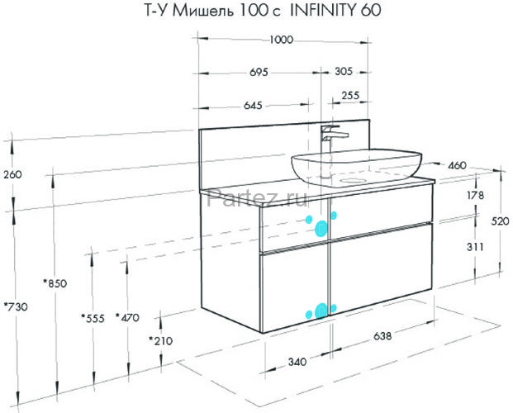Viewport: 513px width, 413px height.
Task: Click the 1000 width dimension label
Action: point(282,40)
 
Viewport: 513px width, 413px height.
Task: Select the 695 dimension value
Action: point(259,72)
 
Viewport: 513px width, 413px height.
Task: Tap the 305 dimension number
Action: point(344,71)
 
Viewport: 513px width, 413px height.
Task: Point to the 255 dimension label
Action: point(350,96)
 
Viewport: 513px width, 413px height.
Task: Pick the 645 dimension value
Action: point(253,106)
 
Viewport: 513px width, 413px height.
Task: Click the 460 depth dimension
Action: point(457,165)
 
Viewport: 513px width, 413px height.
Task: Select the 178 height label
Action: point(475,196)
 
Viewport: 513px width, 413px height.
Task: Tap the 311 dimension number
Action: point(475,246)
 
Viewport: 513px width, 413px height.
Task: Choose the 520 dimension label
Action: point(501,221)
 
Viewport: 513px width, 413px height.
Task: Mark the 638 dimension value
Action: point(382,335)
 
